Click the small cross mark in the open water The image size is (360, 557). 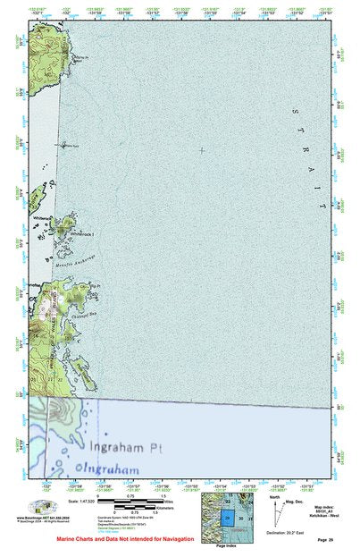[202, 150]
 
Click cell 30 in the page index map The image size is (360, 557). [241, 518]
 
